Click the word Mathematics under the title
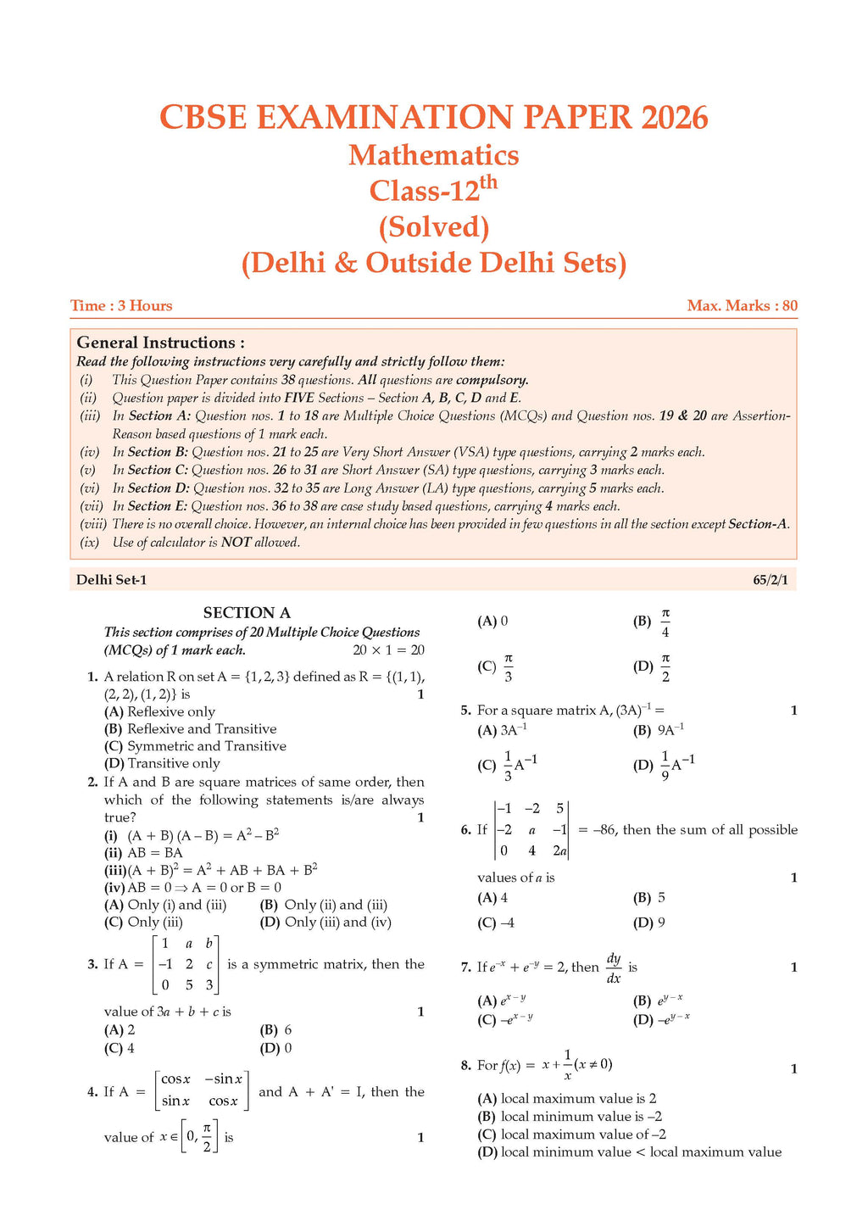coord(433,155)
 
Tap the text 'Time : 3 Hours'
coord(121,306)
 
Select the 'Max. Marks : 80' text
coord(742,306)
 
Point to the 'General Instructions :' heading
coord(160,343)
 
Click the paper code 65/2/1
coord(775,580)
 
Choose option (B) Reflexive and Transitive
coord(190,729)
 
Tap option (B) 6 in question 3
coord(276,1030)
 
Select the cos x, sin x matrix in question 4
coord(202,1091)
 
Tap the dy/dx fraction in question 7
coord(614,968)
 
